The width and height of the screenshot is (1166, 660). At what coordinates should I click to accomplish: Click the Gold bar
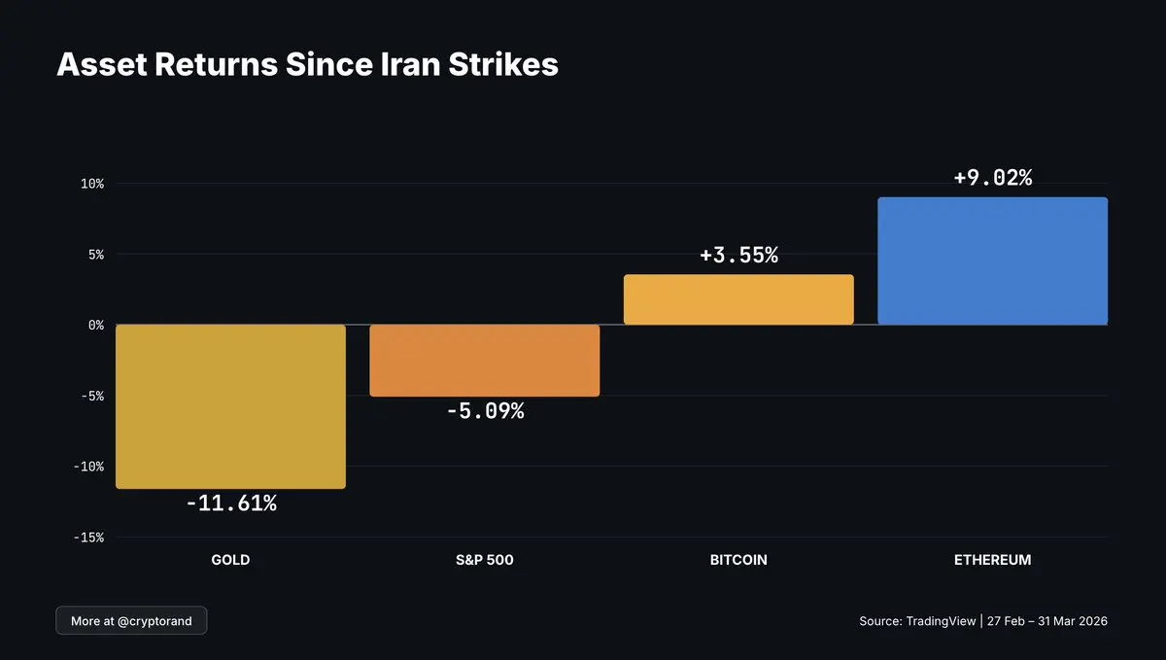click(x=230, y=406)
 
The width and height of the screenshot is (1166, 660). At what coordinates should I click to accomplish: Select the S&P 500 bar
click(x=485, y=361)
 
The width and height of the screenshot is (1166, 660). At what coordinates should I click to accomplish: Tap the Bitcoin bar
click(x=738, y=299)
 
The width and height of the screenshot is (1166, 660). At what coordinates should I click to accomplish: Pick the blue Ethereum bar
click(x=992, y=261)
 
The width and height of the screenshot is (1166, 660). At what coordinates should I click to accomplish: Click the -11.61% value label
click(x=231, y=504)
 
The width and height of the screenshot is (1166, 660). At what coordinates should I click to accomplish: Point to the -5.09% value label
click(x=485, y=411)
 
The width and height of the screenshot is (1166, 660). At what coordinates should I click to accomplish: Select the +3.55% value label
click(x=738, y=256)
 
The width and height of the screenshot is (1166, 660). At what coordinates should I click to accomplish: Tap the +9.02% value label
click(x=992, y=178)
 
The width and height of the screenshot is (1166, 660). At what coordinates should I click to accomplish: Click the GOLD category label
click(x=230, y=560)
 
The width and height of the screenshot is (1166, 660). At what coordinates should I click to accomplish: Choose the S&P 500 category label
click(x=485, y=560)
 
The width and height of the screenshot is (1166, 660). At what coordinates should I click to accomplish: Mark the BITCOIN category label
click(x=738, y=560)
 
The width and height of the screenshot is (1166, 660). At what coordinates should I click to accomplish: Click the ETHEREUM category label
click(x=992, y=560)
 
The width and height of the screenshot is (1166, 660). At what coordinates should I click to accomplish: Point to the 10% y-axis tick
click(x=91, y=184)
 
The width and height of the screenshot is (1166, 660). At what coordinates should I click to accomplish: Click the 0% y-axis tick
click(x=95, y=326)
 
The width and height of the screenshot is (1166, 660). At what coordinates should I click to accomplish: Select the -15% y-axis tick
click(x=88, y=538)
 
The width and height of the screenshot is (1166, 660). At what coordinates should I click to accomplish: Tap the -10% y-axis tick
click(x=88, y=467)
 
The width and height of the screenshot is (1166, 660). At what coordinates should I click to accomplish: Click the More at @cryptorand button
click(x=131, y=620)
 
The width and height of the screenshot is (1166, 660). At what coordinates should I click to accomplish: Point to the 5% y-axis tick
click(x=95, y=255)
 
